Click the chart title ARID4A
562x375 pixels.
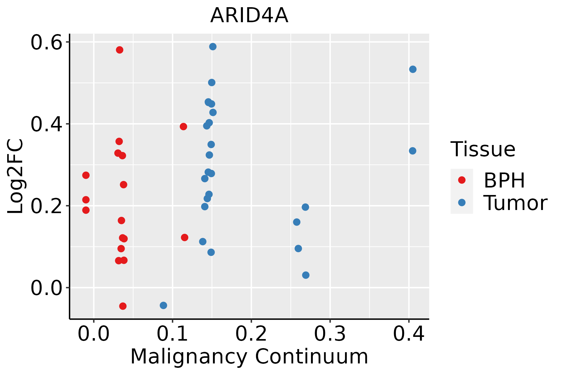tap(249, 16)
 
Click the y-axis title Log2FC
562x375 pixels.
tap(16, 177)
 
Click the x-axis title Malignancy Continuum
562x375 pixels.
tap(249, 357)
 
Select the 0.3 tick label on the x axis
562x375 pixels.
tap(330, 334)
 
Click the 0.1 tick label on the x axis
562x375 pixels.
tap(172, 334)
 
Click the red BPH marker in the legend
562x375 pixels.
tap(461, 180)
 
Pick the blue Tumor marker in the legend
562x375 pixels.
tap(461, 202)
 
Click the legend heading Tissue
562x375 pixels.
tap(483, 149)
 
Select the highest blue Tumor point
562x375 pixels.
tap(213, 47)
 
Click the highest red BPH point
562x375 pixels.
tap(120, 50)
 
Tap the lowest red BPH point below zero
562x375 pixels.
tap(123, 306)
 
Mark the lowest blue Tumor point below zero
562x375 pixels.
tap(163, 305)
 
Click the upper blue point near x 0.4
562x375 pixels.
tap(413, 69)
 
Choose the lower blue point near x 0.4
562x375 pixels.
tap(412, 151)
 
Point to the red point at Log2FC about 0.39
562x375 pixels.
tap(183, 127)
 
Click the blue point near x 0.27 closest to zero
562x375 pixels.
tap(306, 275)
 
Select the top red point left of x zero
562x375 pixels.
tap(86, 175)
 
